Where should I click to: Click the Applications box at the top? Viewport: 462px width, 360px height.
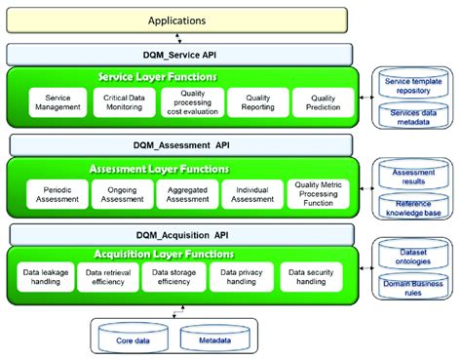click(176, 20)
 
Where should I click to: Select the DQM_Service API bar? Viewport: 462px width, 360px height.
click(176, 55)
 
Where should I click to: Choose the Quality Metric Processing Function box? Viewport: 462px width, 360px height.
click(314, 192)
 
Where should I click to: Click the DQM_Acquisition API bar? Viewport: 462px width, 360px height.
click(176, 235)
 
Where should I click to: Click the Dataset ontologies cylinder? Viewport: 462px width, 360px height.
click(413, 257)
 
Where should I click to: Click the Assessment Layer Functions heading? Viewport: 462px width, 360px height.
click(177, 167)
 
